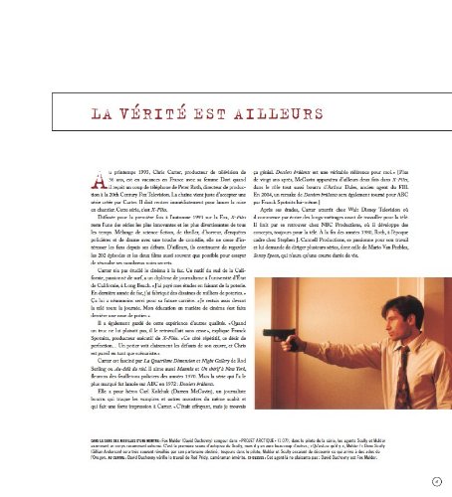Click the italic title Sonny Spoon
(245, 268)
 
